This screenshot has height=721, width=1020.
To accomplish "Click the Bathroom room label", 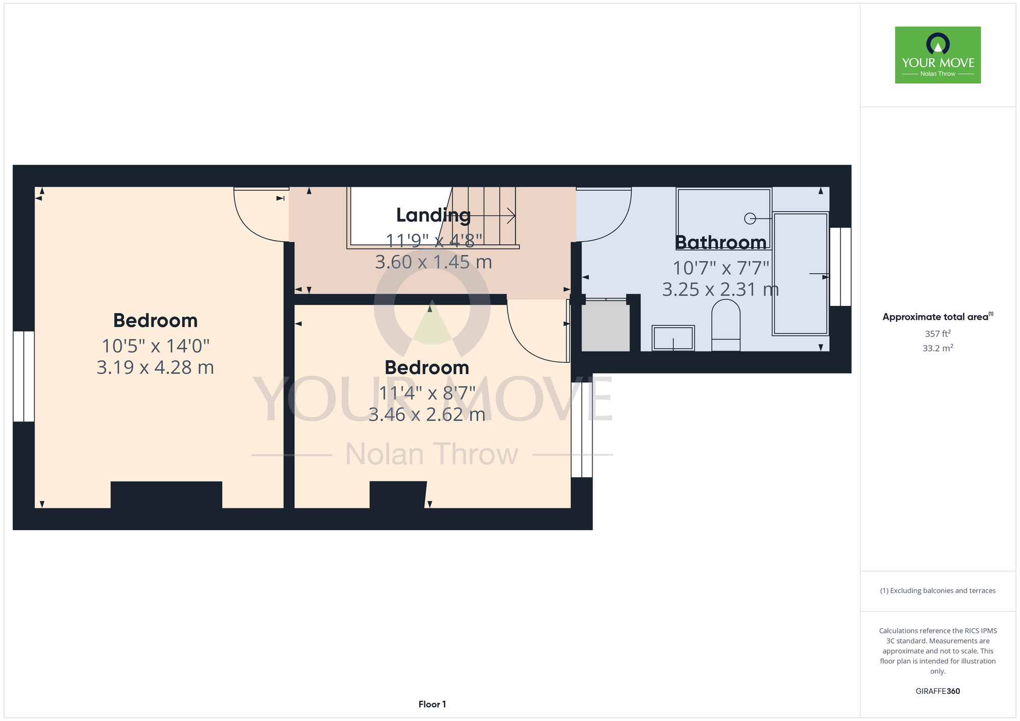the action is tap(721, 242).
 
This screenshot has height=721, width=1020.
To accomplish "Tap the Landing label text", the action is tap(433, 216).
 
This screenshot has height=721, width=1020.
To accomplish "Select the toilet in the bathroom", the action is tap(726, 325).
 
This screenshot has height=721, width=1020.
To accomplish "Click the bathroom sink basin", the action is tap(673, 338).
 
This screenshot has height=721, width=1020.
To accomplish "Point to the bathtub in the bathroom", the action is tap(800, 274).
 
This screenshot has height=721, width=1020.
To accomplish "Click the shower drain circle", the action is tap(750, 218).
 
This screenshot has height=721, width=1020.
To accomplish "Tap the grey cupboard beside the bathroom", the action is tap(606, 326).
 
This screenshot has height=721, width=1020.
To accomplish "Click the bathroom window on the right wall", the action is tap(840, 267).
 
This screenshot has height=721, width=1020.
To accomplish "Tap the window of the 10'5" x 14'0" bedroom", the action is tap(23, 376).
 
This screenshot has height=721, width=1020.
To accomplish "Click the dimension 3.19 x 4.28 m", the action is tap(156, 368).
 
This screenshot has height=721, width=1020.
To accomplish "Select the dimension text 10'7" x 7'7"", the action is tap(721, 268).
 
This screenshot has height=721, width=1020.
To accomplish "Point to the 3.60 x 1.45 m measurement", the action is tap(433, 262).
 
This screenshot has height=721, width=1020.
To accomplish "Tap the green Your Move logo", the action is tap(938, 55).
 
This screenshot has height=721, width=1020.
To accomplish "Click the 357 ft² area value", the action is tap(938, 333).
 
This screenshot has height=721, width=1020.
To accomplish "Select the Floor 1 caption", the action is tap(432, 704).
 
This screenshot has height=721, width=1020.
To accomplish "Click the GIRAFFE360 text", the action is tap(938, 691).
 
